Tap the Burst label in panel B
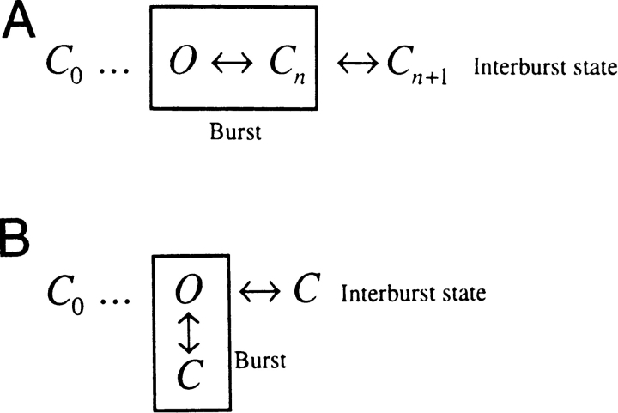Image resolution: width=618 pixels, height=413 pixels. click(x=261, y=361)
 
